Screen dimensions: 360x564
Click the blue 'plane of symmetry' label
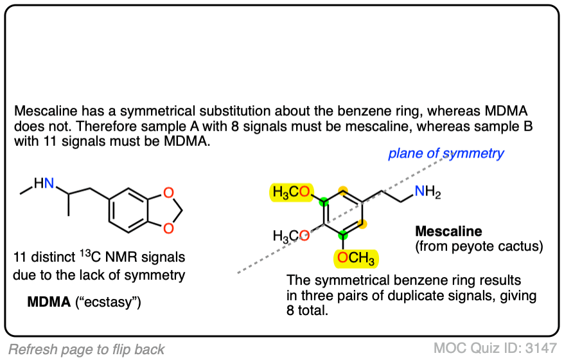[x=446, y=154]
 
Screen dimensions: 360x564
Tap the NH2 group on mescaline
[x=427, y=191]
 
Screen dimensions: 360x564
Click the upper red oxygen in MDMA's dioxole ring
[x=168, y=192]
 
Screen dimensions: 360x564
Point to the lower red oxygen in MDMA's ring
[x=168, y=228]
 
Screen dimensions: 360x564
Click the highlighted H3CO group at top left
[x=292, y=191]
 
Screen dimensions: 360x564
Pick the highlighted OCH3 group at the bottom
[x=356, y=259]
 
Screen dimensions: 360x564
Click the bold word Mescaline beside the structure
[x=448, y=231]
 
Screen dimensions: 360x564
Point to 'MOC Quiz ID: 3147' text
[x=495, y=348]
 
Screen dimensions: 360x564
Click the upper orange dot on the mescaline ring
[x=343, y=191]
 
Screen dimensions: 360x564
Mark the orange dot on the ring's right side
[x=363, y=224]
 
